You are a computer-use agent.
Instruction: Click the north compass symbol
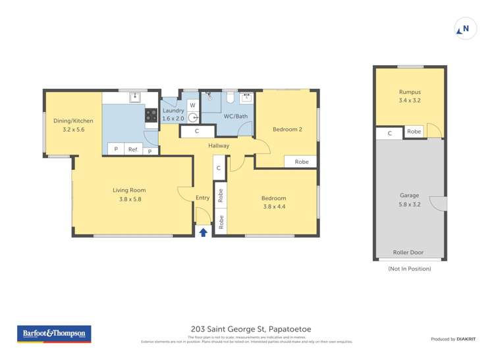click(465, 29)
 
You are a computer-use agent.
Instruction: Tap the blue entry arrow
click(203, 231)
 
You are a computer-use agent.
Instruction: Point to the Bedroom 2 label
click(287, 129)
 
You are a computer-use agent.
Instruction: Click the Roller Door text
click(409, 251)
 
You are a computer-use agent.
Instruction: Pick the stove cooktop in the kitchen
click(151, 115)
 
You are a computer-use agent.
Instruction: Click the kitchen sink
click(135, 97)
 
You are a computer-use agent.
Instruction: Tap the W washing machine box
click(192, 105)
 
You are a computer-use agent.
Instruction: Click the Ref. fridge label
click(133, 149)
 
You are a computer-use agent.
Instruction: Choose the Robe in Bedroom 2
click(301, 161)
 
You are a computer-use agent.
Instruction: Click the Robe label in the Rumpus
click(414, 132)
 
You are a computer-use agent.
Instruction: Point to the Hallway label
click(219, 145)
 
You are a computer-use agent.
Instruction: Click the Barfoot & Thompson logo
click(54, 334)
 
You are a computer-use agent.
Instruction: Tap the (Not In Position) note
click(409, 269)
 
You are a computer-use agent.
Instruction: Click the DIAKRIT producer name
click(466, 339)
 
